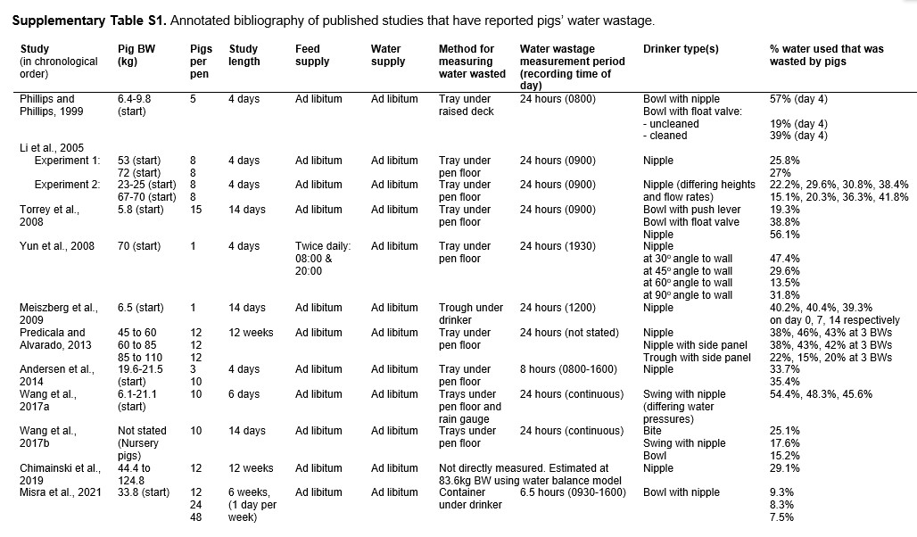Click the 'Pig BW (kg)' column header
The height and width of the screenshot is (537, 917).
point(136,54)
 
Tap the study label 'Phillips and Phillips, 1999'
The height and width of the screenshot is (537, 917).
point(47,104)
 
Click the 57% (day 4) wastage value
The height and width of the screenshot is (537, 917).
point(798,99)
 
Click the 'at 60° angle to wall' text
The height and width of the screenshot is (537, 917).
point(688,283)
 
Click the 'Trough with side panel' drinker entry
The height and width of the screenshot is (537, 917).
point(697,357)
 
